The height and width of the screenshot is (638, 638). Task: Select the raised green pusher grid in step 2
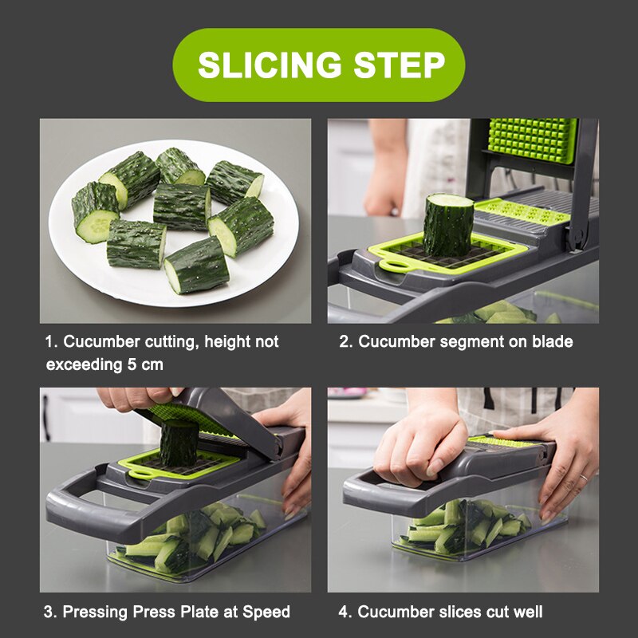click(x=532, y=140)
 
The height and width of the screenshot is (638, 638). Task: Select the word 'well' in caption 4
click(x=527, y=612)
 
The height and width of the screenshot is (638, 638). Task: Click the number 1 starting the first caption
click(x=49, y=341)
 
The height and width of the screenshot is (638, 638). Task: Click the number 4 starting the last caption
click(x=343, y=612)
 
